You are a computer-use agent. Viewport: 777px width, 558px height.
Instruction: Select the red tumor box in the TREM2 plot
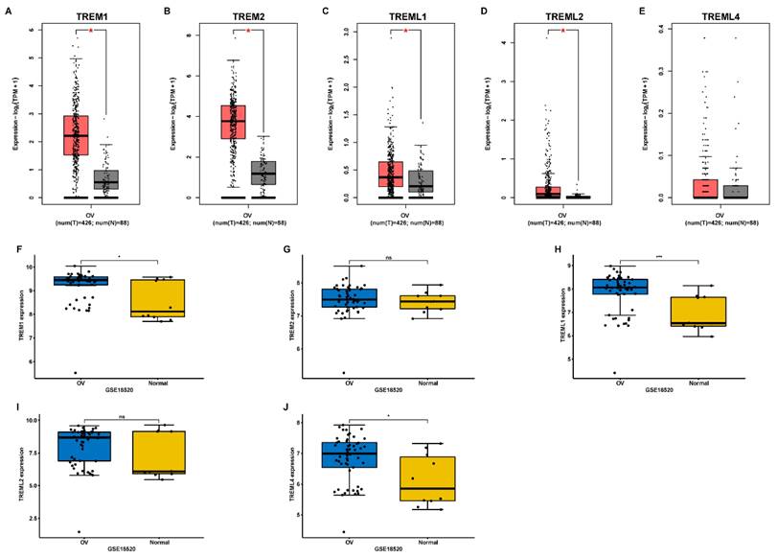pos(234,122)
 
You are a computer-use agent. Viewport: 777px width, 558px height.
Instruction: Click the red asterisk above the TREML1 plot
pos(406,31)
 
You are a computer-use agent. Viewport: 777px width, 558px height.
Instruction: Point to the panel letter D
pos(482,12)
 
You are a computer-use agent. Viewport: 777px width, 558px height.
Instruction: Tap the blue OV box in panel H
pos(619,286)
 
